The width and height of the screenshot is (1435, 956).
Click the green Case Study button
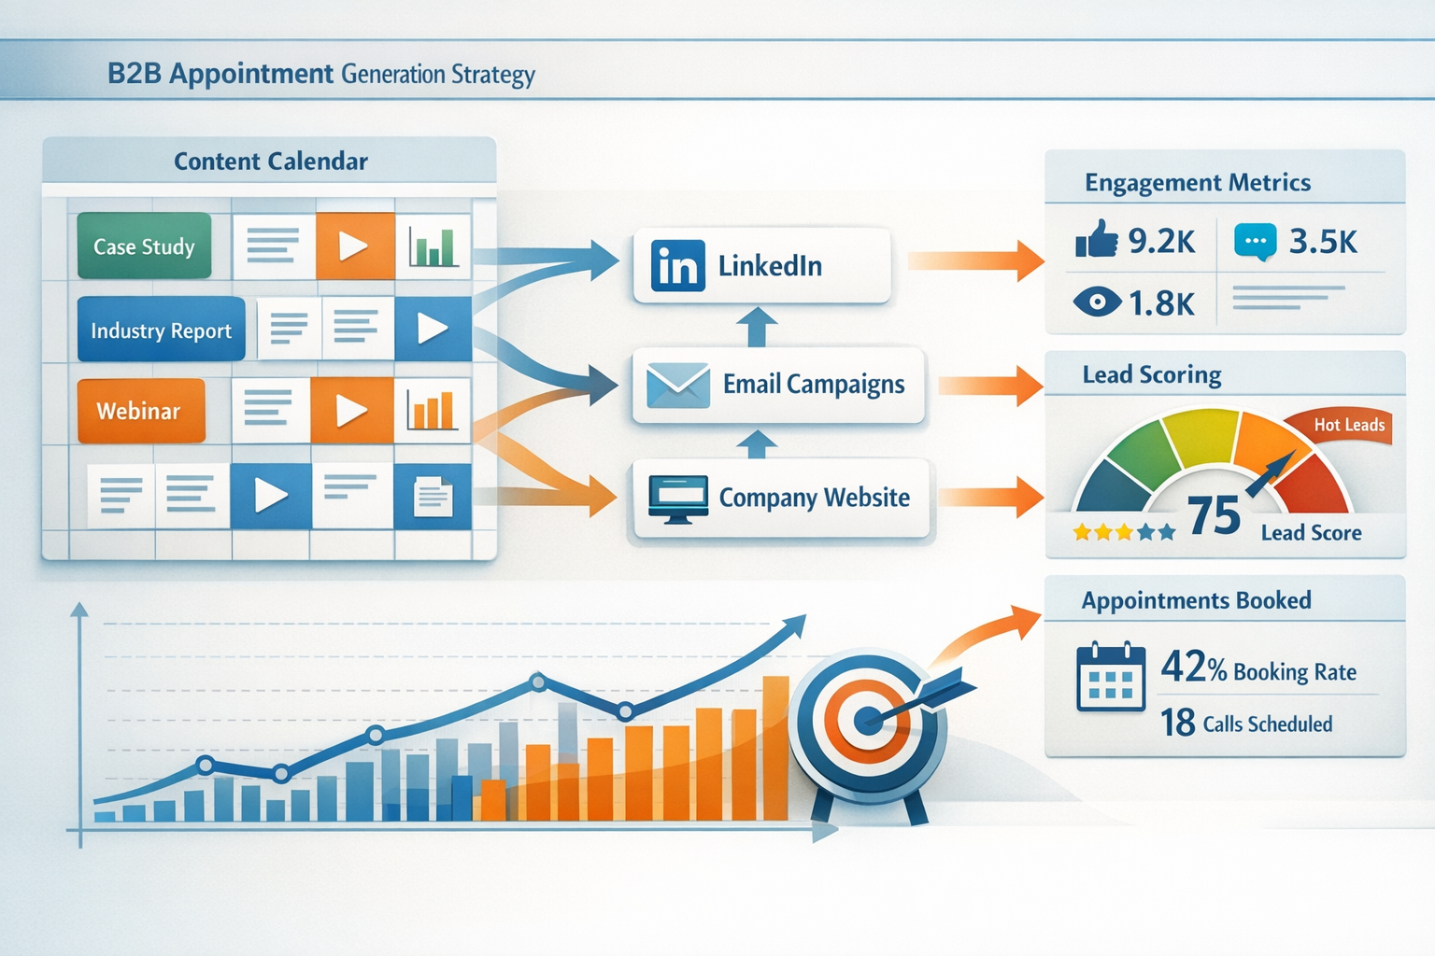pyautogui.click(x=144, y=246)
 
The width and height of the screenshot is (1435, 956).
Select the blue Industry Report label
pyautogui.click(x=161, y=330)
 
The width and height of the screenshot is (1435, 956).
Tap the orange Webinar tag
pyautogui.click(x=140, y=411)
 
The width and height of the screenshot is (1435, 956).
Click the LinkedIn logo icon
pyautogui.click(x=677, y=266)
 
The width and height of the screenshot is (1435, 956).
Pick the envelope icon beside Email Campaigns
pyautogui.click(x=678, y=385)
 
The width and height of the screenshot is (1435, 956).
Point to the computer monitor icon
pyautogui.click(x=678, y=498)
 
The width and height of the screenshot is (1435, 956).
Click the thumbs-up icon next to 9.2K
pyautogui.click(x=1097, y=240)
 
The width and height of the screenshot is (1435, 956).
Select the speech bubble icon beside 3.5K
pyautogui.click(x=1256, y=242)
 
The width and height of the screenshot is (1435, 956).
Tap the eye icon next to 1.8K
pyautogui.click(x=1097, y=302)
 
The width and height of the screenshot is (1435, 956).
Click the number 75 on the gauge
pyautogui.click(x=1214, y=515)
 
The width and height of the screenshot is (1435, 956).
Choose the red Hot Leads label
pyautogui.click(x=1347, y=426)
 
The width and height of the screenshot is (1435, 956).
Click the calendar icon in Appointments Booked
pyautogui.click(x=1111, y=677)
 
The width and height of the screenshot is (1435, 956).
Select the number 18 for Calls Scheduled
pyautogui.click(x=1177, y=723)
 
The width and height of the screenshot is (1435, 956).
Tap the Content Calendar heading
pyautogui.click(x=271, y=162)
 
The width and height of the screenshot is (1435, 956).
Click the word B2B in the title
pyautogui.click(x=135, y=74)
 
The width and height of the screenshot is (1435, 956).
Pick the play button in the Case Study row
pyautogui.click(x=354, y=246)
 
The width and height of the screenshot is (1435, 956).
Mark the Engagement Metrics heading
pyautogui.click(x=1198, y=183)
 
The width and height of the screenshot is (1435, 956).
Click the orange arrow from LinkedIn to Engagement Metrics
pyautogui.click(x=975, y=260)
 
